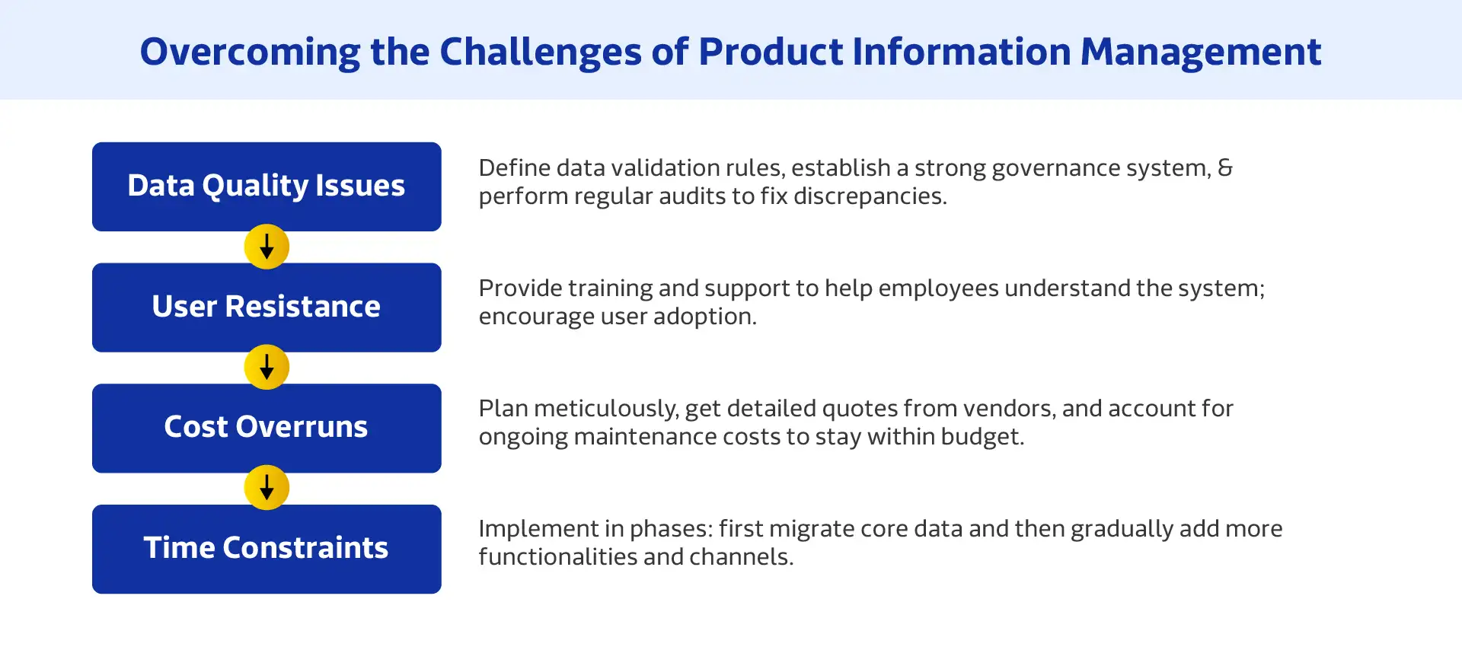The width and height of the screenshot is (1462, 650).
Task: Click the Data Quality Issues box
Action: pyautogui.click(x=267, y=186)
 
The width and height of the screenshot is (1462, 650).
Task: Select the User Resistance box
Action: pyautogui.click(x=267, y=307)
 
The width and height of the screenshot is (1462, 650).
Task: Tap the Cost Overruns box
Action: pyautogui.click(x=267, y=427)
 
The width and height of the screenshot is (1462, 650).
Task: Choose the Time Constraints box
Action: pyautogui.click(x=267, y=548)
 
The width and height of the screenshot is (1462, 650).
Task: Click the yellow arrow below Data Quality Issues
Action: pyautogui.click(x=267, y=247)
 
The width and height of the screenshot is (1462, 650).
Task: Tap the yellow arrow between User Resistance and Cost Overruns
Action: pyautogui.click(x=267, y=367)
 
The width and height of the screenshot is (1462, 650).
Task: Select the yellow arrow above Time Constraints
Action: pyautogui.click(x=267, y=487)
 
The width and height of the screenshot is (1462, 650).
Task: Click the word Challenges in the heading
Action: pyautogui.click(x=541, y=52)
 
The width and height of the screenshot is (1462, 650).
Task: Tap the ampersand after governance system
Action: pyautogui.click(x=1225, y=167)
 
